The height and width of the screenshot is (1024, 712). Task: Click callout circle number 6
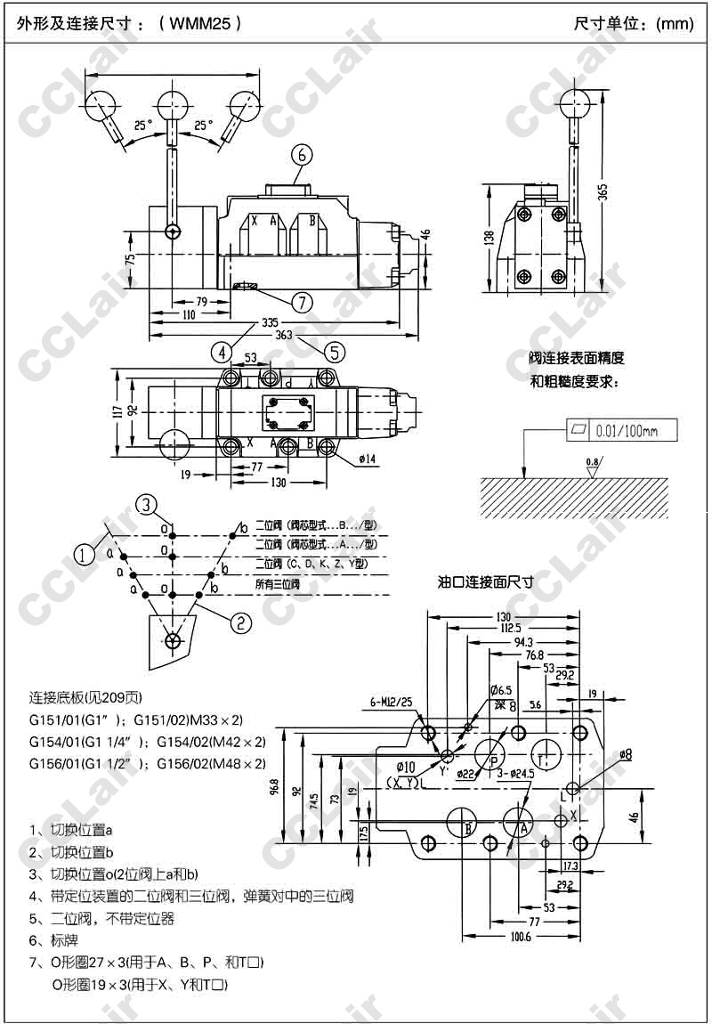(301, 155)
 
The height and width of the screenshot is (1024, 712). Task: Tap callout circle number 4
(222, 352)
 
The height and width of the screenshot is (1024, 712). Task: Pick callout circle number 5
(334, 352)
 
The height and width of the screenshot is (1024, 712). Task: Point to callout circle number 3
(147, 504)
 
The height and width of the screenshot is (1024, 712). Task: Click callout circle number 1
(85, 556)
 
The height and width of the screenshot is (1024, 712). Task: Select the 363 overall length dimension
(284, 335)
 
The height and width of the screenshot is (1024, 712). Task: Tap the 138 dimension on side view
(489, 238)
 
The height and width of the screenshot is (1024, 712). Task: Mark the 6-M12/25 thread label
(392, 703)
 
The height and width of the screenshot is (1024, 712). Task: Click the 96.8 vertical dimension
(274, 789)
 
